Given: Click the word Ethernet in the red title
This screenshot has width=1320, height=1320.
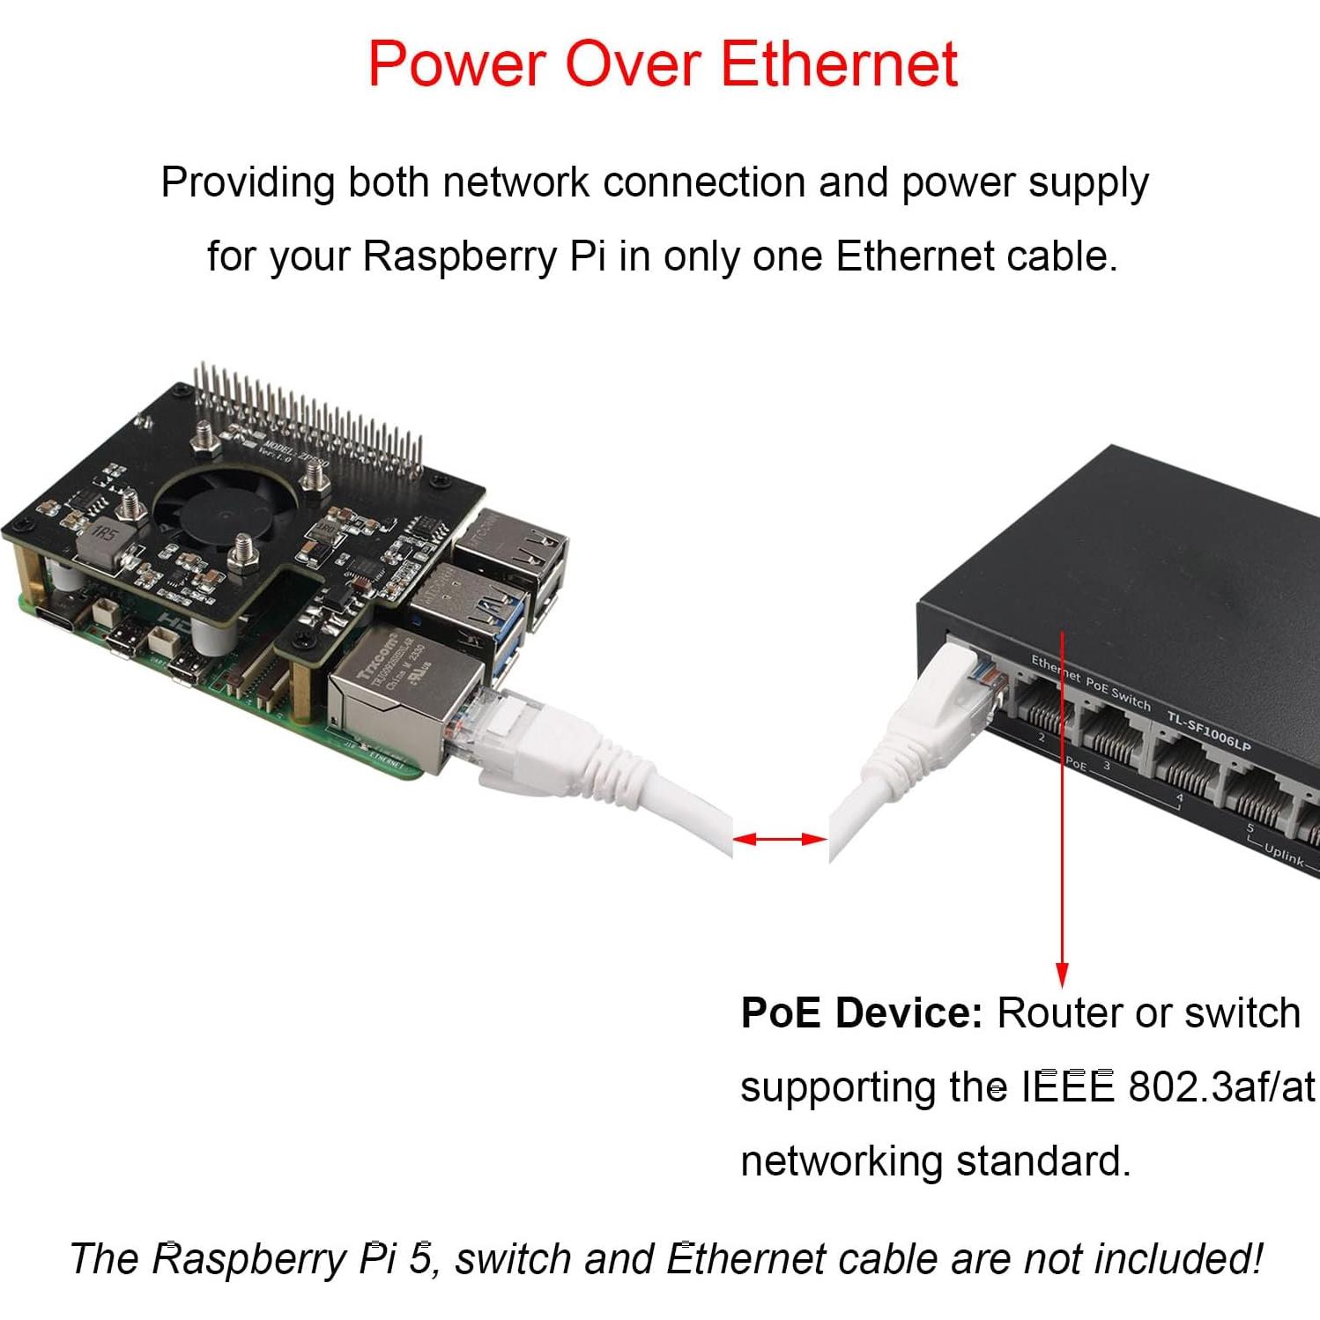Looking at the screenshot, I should [838, 63].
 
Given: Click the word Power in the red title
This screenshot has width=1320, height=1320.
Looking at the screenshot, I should [456, 63].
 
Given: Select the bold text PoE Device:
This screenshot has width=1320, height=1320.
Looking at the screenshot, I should [861, 1013].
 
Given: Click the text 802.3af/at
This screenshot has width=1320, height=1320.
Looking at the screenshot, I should [1221, 1086].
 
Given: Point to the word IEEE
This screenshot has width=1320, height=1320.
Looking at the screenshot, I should [1067, 1086].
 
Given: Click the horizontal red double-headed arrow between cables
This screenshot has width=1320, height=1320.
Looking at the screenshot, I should [779, 839].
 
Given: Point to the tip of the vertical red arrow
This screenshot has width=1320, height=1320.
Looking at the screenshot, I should [1062, 983].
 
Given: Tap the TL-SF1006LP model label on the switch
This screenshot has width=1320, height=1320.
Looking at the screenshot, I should [1208, 731].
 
